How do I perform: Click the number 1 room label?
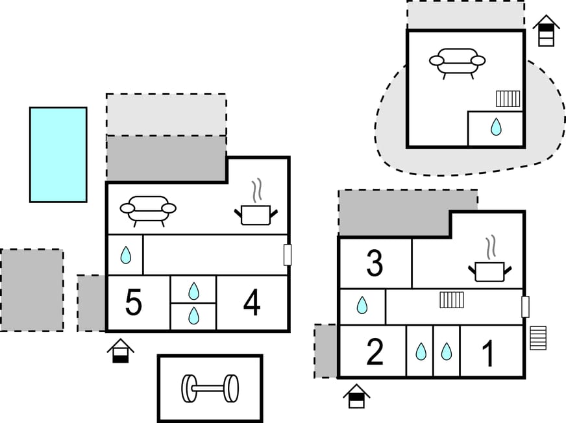click(488, 353)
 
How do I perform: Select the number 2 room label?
click(375, 352)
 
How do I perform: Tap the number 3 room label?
click(375, 263)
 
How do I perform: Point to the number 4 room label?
click(252, 303)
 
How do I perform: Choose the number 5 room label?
click(133, 303)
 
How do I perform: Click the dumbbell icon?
click(210, 388)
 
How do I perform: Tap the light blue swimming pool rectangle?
click(58, 154)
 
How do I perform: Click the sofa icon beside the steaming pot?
click(148, 210)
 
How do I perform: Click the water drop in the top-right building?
click(496, 127)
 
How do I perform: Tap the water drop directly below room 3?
click(362, 305)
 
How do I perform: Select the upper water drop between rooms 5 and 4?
click(193, 291)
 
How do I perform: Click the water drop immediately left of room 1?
click(446, 352)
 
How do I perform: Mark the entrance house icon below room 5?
click(121, 350)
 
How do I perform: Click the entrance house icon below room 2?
click(356, 396)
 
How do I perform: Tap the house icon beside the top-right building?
click(547, 30)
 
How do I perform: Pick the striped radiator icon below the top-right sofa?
click(508, 99)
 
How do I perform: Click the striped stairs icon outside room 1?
click(538, 337)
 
